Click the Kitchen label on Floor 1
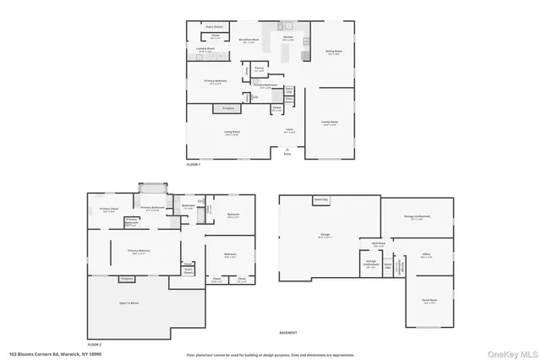coord(287,38)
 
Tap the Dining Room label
coord(332,52)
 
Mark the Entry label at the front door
coord(287,155)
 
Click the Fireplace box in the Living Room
coord(227,108)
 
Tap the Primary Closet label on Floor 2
coord(107,210)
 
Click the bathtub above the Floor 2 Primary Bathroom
coord(153,188)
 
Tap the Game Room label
coord(429,301)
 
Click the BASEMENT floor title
coord(288,333)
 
